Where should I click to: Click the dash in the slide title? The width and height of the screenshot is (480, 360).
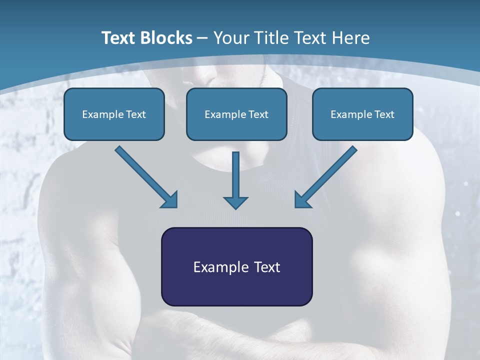202,38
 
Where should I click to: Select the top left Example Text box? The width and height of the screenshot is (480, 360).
114,114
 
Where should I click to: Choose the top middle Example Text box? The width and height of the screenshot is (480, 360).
236,114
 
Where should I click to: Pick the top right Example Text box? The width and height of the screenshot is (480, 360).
362,114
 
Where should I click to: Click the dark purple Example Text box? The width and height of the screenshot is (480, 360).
236,266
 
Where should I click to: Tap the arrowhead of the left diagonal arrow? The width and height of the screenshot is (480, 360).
170,200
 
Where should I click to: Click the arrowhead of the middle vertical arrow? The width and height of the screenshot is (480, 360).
236,202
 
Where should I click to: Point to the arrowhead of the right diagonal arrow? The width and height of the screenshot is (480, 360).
302,200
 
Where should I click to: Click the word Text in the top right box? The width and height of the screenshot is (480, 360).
384,114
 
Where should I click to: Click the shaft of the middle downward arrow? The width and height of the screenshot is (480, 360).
236,172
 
